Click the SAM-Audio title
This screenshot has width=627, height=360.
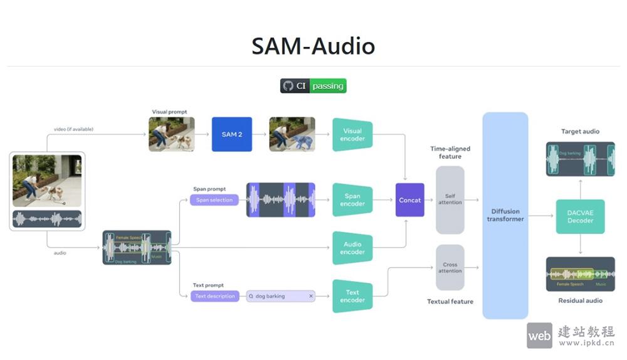coord(313,46)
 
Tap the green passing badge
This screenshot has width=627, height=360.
coord(328,86)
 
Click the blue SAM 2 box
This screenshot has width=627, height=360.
coord(231,134)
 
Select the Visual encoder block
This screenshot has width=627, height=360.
coord(352,134)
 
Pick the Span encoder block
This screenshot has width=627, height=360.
coord(352,199)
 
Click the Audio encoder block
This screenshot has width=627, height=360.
coord(352,248)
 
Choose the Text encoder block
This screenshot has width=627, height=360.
coord(352,296)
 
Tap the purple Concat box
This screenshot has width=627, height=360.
coord(410,200)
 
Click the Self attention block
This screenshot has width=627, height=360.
coord(450,199)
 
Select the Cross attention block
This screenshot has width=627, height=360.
coord(450,268)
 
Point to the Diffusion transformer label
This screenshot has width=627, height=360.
coord(505,215)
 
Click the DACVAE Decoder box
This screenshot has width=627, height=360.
coord(580,216)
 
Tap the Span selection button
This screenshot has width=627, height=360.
coord(214,200)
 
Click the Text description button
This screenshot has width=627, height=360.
coord(215,296)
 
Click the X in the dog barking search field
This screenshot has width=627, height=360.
coord(310,296)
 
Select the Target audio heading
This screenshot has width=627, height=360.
coord(580,132)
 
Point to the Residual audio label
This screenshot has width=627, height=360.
coord(580,300)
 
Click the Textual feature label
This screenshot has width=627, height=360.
coord(450,302)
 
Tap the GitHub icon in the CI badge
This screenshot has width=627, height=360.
coord(288,86)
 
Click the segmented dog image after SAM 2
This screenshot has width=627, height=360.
coord(292,134)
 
